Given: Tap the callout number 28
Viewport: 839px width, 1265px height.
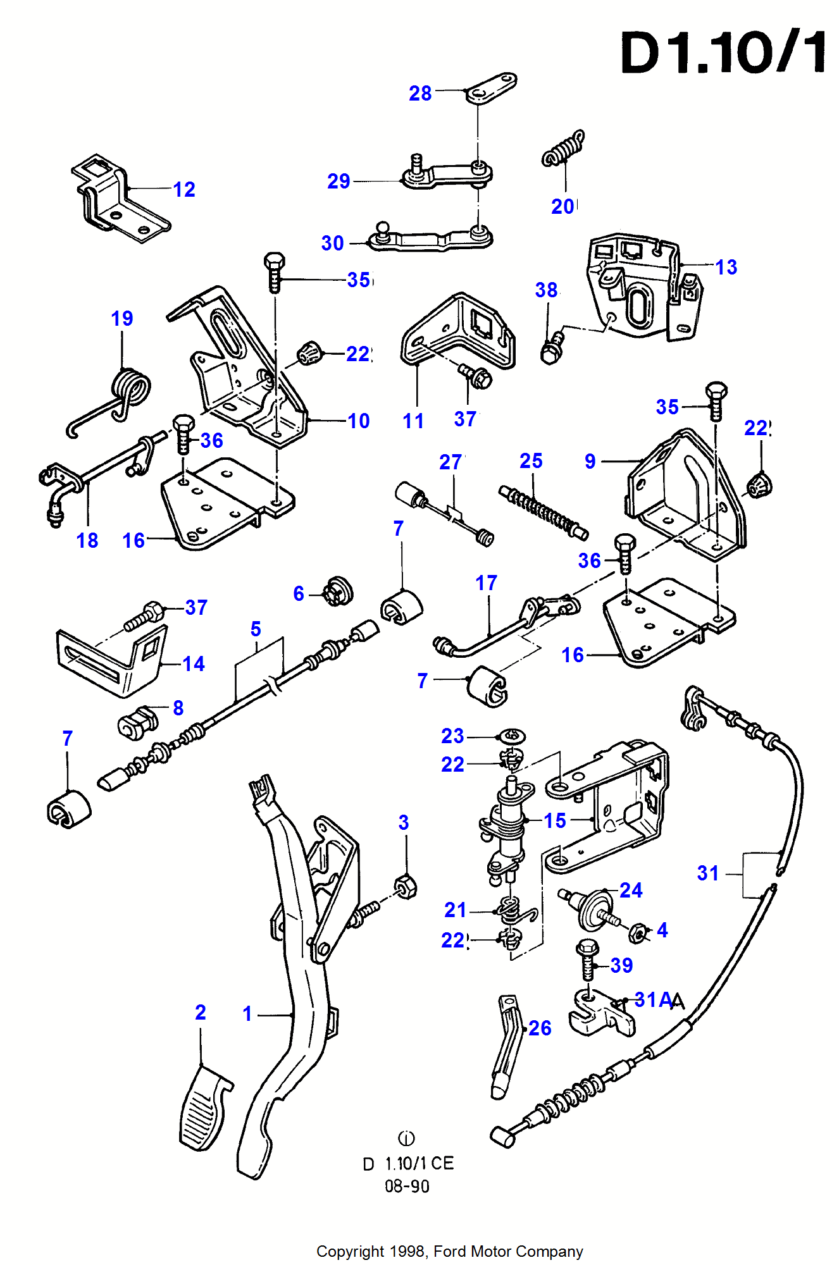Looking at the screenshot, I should [x=420, y=94].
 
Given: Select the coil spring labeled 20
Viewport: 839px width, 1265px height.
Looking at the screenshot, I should [x=562, y=150].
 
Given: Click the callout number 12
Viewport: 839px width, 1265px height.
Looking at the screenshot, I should [x=184, y=189].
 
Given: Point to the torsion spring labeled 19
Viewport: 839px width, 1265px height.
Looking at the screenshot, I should [x=130, y=392].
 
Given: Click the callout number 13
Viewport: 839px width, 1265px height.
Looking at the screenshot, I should [x=726, y=267].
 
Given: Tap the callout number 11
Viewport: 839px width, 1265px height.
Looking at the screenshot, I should [x=413, y=421].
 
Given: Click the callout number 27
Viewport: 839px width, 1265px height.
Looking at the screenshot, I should [x=450, y=462].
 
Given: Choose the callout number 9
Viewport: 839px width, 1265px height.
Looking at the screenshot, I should [x=590, y=461].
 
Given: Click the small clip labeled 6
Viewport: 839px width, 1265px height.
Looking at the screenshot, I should [x=338, y=591].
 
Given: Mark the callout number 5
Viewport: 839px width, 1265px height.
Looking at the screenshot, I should [x=256, y=629].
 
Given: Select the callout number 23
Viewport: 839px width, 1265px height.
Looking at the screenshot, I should [x=452, y=736].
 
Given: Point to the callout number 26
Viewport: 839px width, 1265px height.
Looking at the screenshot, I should [x=540, y=1028].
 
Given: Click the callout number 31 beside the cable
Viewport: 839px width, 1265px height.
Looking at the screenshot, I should [x=708, y=873].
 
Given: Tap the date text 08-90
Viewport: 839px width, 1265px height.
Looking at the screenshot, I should [x=407, y=1186].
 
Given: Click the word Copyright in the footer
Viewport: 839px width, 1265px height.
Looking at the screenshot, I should [x=350, y=1251].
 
